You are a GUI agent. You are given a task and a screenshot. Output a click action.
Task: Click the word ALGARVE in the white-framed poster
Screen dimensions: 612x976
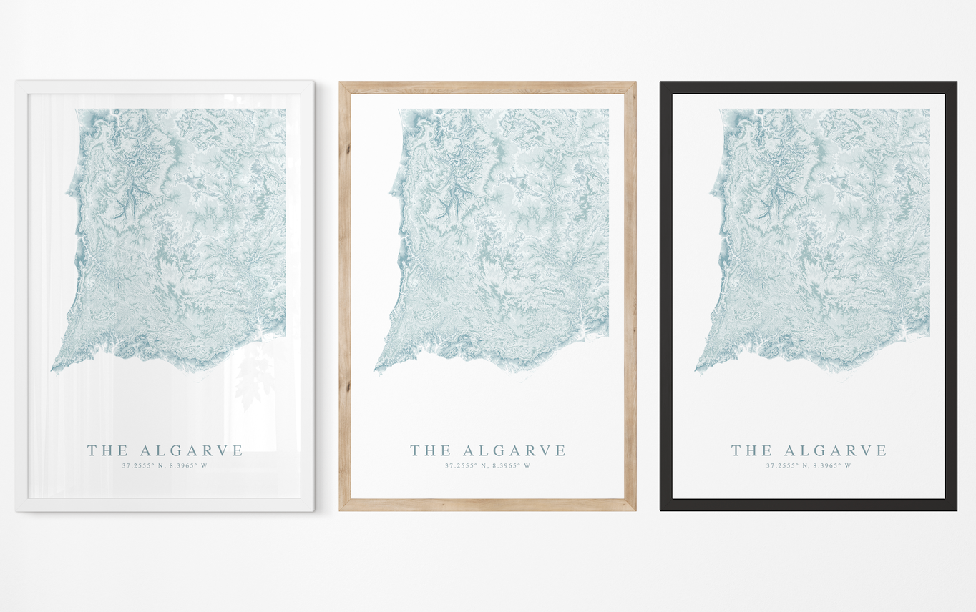(192, 450)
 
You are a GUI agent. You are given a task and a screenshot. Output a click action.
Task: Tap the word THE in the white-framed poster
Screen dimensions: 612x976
(107, 450)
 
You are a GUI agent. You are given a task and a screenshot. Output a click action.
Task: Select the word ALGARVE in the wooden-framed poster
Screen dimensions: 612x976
(514, 450)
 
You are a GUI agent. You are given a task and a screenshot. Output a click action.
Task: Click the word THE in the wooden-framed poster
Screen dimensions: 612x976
(430, 450)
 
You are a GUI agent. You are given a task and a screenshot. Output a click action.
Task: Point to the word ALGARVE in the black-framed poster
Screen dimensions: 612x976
(835, 450)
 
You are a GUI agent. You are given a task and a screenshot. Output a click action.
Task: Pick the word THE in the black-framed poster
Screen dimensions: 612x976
(751, 450)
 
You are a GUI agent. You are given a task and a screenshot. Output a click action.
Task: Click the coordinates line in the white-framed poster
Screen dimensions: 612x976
(165, 465)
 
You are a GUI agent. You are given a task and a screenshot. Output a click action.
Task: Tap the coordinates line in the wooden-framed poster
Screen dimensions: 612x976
(487, 465)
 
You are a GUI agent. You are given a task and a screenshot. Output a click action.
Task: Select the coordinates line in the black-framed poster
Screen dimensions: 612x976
(809, 465)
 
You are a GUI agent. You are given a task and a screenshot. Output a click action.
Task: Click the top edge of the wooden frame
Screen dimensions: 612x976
(487, 87)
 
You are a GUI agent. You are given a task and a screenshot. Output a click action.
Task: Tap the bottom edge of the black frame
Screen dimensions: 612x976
(809, 505)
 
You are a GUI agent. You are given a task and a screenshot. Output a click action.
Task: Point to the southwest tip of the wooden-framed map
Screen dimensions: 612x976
(376, 370)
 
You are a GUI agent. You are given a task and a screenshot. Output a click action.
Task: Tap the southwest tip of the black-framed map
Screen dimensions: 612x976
(697, 370)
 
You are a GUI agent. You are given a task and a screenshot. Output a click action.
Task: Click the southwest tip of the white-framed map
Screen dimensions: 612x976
(53, 370)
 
